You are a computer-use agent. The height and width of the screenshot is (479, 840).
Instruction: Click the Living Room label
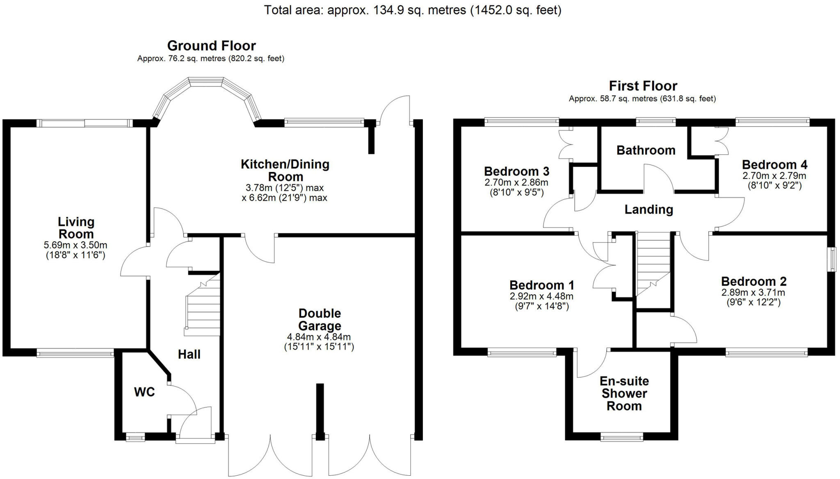pyautogui.click(x=76, y=228)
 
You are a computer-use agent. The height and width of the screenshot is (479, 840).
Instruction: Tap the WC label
pyautogui.click(x=144, y=392)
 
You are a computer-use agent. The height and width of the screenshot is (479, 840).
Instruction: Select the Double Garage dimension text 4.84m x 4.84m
pyautogui.click(x=319, y=337)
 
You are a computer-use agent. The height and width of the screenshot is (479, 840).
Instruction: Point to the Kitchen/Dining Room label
pyautogui.click(x=285, y=170)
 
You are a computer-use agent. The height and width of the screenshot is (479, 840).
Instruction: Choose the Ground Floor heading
pyautogui.click(x=211, y=46)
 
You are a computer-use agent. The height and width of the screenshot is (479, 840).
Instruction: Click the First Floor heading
pyautogui.click(x=643, y=86)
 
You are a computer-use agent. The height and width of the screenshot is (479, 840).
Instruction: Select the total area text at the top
pyautogui.click(x=412, y=10)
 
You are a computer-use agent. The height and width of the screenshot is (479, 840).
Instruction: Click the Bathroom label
pyautogui.click(x=646, y=150)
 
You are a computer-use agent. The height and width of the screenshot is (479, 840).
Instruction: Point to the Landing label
pyautogui.click(x=648, y=209)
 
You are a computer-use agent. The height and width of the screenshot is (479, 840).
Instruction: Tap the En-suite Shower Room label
pyautogui.click(x=624, y=393)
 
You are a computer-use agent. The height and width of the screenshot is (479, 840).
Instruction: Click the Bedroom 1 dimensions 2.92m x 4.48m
pyautogui.click(x=541, y=296)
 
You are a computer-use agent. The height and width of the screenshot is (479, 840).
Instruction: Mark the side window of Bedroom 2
pyautogui.click(x=832, y=259)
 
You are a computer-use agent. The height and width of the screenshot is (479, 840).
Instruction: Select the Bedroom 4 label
pyautogui.click(x=774, y=165)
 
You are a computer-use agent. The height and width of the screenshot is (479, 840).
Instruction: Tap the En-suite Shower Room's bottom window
pyautogui.click(x=621, y=438)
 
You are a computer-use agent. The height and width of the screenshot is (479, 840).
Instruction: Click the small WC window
pyautogui.click(x=135, y=438)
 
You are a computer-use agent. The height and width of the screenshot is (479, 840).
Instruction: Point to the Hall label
pyautogui.click(x=189, y=354)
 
